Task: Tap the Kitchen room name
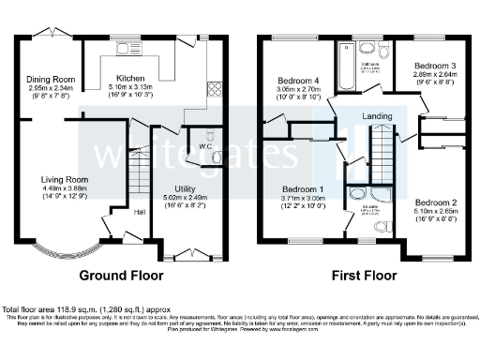131,79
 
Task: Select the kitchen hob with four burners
213,90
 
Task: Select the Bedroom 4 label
298,78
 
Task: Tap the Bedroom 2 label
436,203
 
